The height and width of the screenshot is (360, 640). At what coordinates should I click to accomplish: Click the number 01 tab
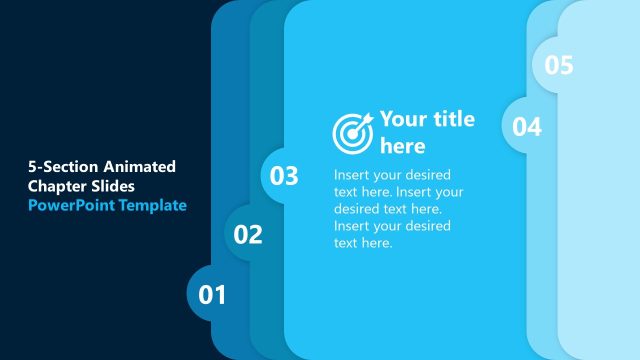212,295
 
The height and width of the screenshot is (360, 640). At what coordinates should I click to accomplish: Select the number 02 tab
248,235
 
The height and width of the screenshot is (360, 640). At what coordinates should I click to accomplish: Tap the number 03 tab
284,177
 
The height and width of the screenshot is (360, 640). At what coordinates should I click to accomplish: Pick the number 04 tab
527,126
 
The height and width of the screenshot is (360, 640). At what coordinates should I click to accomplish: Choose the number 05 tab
559,65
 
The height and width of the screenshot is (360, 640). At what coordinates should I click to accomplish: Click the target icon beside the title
352,131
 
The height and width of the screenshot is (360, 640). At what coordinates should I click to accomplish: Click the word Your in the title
403,120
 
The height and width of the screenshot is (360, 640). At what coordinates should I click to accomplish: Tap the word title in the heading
454,120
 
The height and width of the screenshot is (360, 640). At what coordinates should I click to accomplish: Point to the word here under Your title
403,147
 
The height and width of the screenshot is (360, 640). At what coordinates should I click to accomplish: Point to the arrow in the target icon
364,120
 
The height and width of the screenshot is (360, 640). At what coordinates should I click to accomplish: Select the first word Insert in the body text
352,174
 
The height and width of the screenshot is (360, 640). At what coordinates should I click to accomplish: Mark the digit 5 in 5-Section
32,167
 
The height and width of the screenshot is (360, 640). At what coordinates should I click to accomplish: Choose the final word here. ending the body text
376,242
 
